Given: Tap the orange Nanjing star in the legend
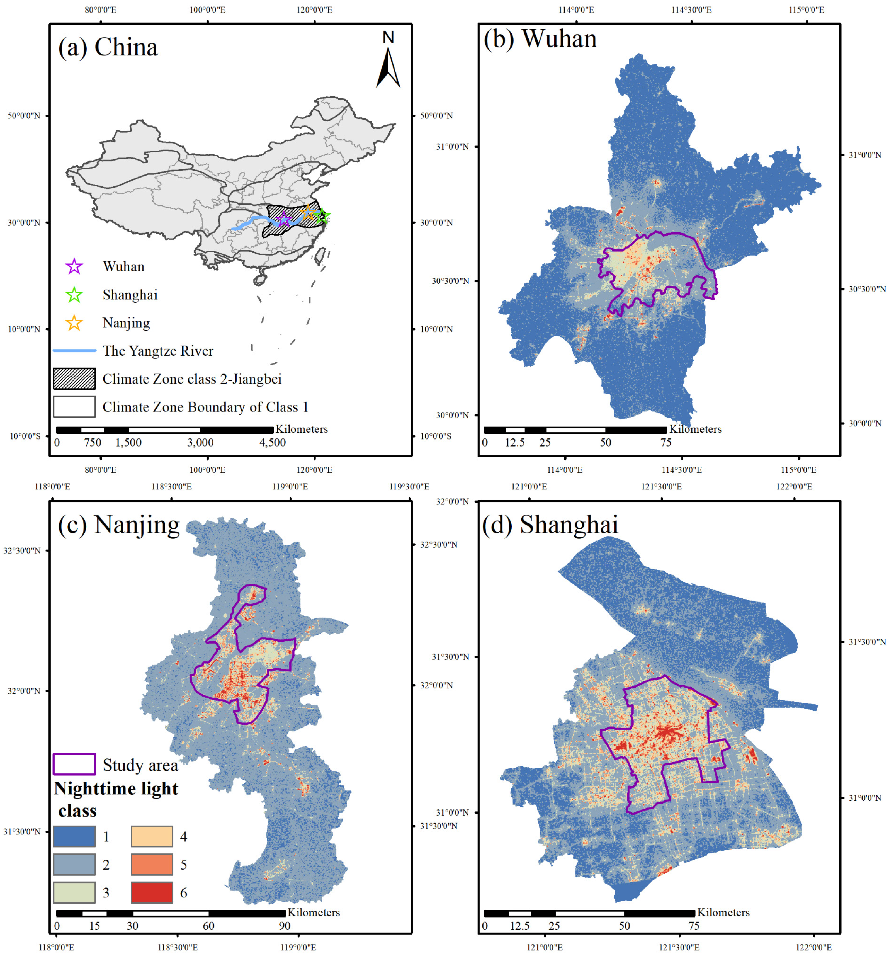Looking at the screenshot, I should pyautogui.click(x=74, y=323).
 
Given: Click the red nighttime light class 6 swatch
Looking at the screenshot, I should pyautogui.click(x=151, y=892).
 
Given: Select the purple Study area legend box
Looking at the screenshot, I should pyautogui.click(x=74, y=764).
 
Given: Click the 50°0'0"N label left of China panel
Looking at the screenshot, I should pyautogui.click(x=24, y=115).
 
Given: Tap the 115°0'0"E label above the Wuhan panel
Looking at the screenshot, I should pyautogui.click(x=806, y=10).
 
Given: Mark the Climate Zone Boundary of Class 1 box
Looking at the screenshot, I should pyautogui.click(x=74, y=407).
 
